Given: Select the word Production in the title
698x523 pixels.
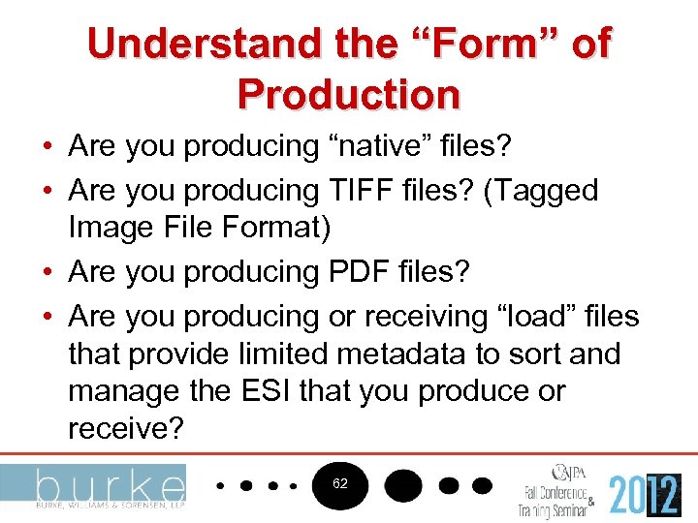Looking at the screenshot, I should point(348,95).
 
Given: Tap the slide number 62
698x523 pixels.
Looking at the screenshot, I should point(340,482).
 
